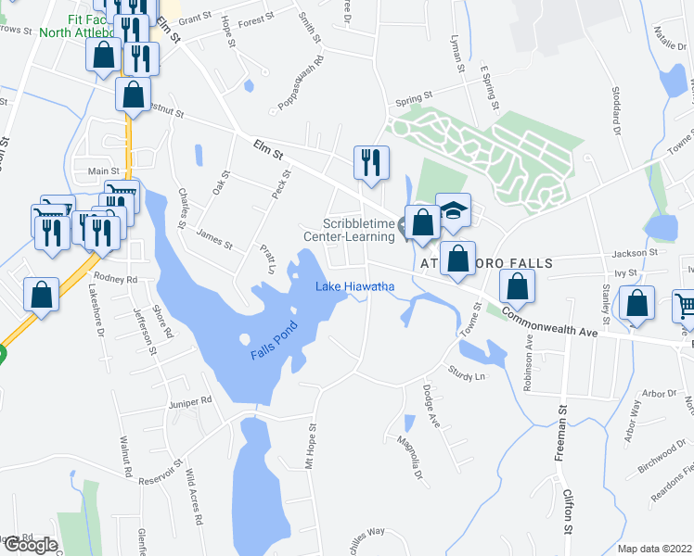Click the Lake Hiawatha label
(x=355, y=287)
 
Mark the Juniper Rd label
(x=192, y=400)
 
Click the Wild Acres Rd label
(x=193, y=497)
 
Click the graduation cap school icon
(x=454, y=212)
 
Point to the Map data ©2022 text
(x=654, y=549)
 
